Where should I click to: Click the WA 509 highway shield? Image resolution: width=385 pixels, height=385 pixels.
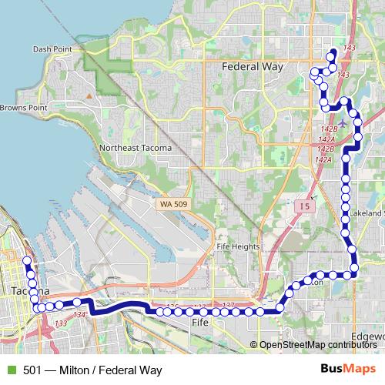(x=175, y=203)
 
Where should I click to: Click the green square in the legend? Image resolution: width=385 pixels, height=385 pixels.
(x=11, y=370)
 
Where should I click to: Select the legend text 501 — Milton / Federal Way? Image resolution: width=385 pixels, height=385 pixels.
(x=92, y=370)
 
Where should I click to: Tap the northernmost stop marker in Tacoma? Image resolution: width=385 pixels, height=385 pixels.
(x=27, y=262)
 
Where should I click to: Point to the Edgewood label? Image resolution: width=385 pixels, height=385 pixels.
(x=368, y=336)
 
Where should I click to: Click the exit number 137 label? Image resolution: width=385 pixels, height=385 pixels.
(x=228, y=306)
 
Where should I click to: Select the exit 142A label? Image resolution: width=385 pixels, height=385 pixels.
(x=323, y=159)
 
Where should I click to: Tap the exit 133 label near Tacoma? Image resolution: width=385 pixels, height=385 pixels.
(x=61, y=323)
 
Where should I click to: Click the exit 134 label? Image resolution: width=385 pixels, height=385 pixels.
(x=79, y=314)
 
